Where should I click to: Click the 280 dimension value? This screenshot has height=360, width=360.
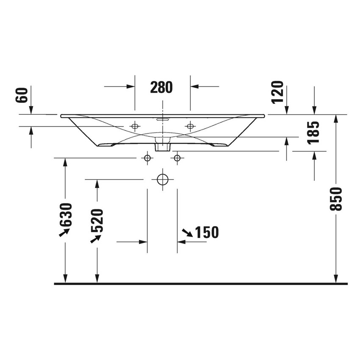click(x=162, y=87)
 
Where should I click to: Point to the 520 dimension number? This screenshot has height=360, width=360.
click(x=97, y=221)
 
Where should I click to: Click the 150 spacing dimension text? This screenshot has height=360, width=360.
click(x=207, y=232)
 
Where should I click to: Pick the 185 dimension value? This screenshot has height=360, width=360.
click(x=313, y=133)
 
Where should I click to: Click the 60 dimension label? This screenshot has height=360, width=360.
click(x=22, y=95)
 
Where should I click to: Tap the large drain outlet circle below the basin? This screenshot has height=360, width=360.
click(x=163, y=180)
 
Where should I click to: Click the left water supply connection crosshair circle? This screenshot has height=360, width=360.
click(x=147, y=158)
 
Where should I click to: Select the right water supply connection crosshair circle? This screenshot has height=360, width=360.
click(x=177, y=158)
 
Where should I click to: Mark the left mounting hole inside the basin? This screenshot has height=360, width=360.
click(x=135, y=126)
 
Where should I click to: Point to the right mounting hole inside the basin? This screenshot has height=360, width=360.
click(x=190, y=126)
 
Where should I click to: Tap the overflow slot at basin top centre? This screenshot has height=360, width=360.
click(x=163, y=119)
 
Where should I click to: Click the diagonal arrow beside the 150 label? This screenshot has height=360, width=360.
click(x=187, y=232)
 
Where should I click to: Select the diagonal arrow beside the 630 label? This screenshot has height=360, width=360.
click(x=64, y=232)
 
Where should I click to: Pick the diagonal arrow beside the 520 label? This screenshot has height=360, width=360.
click(x=96, y=239)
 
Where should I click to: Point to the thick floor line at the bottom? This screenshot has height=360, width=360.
click(x=201, y=284)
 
